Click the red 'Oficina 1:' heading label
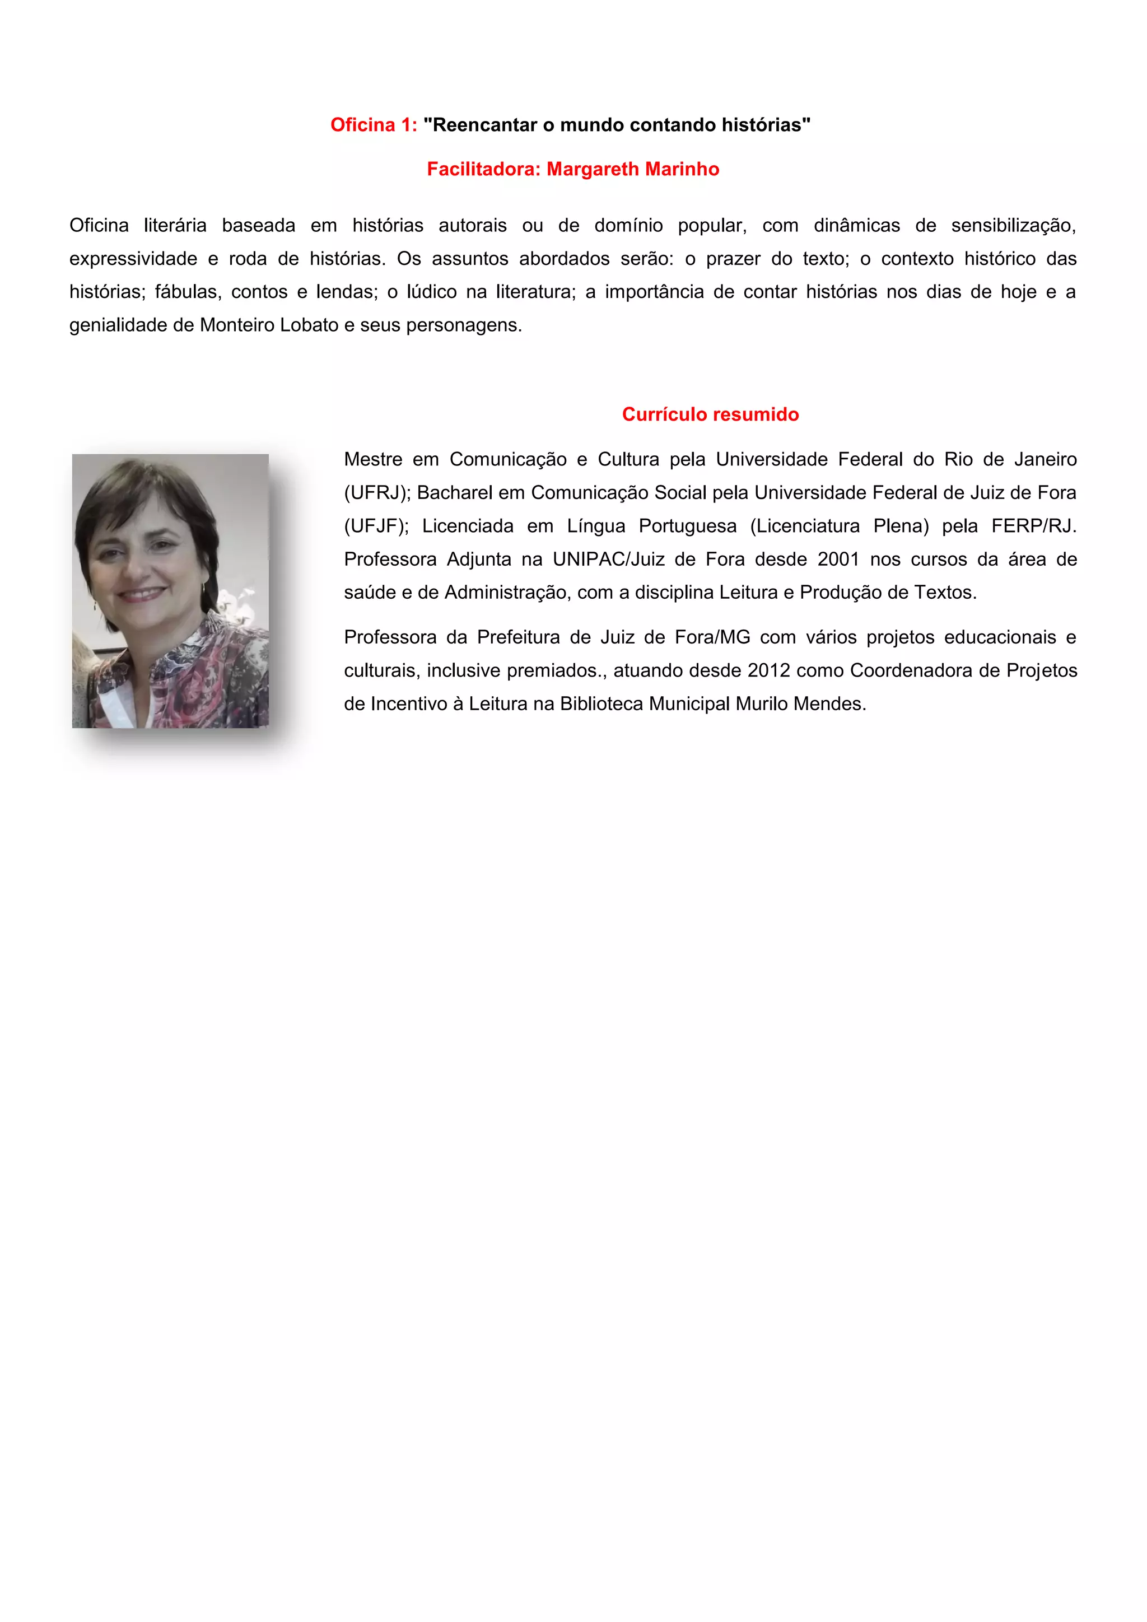pyautogui.click(x=374, y=125)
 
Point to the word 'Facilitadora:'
pyautogui.click(x=484, y=170)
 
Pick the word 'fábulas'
pyautogui.click(x=185, y=292)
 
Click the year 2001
pyautogui.click(x=838, y=560)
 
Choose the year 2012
pyautogui.click(x=768, y=670)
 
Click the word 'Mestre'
pyautogui.click(x=372, y=460)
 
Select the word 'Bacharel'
pyautogui.click(x=454, y=493)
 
